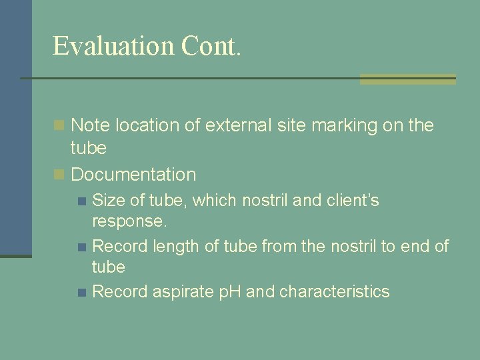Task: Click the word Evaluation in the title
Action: point(113,46)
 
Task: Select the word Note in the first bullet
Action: point(90,125)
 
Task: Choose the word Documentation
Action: point(133,175)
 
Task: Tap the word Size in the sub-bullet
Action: point(107,200)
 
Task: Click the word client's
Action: point(351,200)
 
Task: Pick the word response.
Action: point(129,221)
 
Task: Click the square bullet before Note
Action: point(59,125)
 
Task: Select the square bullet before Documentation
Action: point(59,175)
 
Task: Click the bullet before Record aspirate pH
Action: point(81,292)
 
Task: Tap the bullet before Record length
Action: point(81,247)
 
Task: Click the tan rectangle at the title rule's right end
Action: point(408,79)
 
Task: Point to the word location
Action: point(147,125)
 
